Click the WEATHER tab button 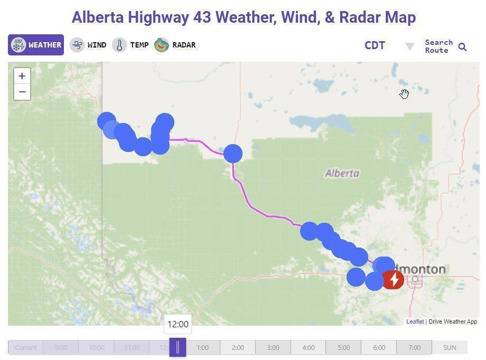36,45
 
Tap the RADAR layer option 175,45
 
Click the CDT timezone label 375,45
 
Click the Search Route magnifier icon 462,47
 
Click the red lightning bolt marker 394,280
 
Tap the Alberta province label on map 342,173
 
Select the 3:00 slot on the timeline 273,347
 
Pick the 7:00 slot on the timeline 414,347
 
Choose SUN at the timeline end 450,347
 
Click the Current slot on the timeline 26,347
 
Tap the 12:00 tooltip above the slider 177,324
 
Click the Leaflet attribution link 415,321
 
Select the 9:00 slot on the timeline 61,347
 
